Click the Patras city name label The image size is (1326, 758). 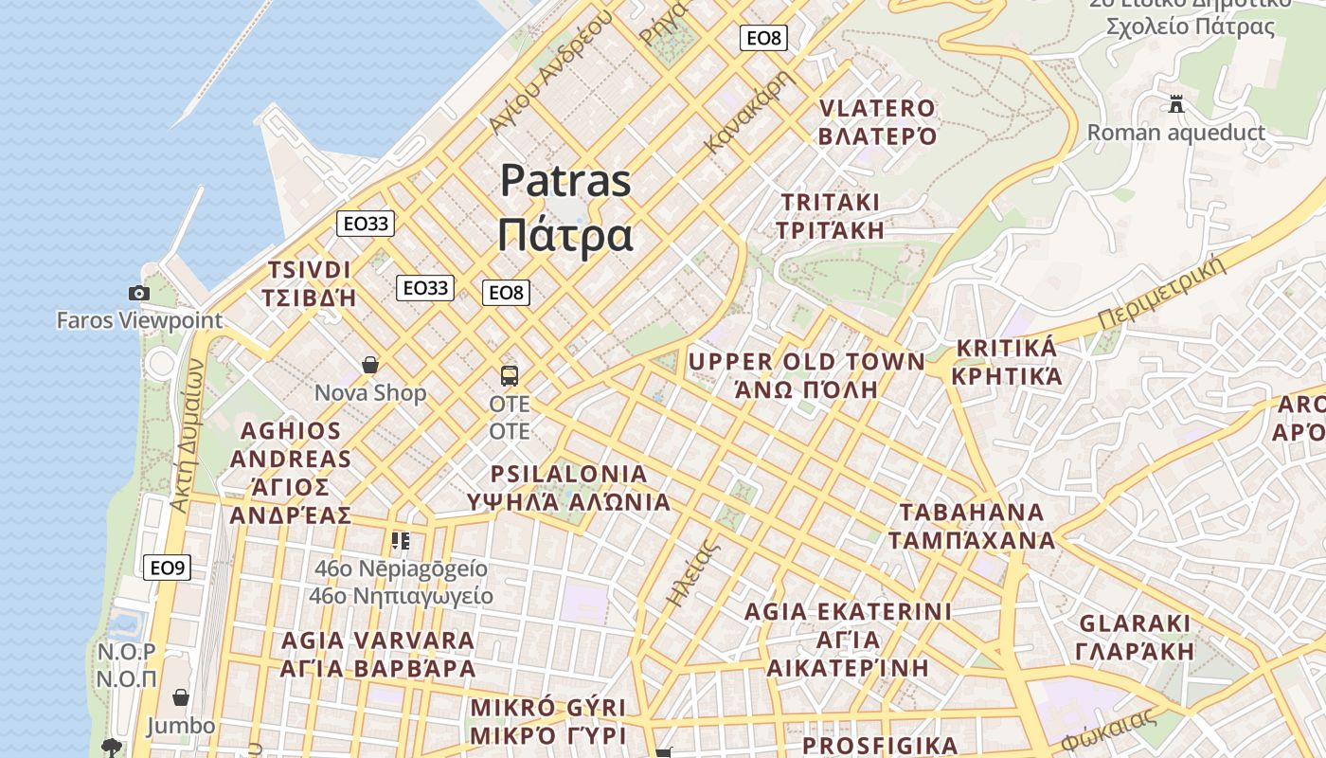[565, 208]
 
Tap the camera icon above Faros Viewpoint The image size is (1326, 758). [139, 294]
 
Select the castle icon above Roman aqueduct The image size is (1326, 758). [1176, 104]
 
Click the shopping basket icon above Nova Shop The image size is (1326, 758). [370, 365]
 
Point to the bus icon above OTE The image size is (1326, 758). [510, 376]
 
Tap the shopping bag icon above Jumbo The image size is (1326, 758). [181, 698]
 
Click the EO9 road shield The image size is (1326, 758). [168, 568]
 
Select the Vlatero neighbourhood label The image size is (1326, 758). [877, 122]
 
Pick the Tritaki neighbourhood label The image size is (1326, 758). [830, 216]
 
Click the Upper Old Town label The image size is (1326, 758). [807, 375]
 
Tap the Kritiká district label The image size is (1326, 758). [1006, 362]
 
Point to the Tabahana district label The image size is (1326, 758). [972, 526]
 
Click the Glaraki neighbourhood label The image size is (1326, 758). [1135, 638]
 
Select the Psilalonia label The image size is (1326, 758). [569, 488]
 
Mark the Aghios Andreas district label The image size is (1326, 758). [291, 473]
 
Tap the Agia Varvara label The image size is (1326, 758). [378, 654]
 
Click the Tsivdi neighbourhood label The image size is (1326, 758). [309, 283]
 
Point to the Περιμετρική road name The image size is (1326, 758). [1162, 293]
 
